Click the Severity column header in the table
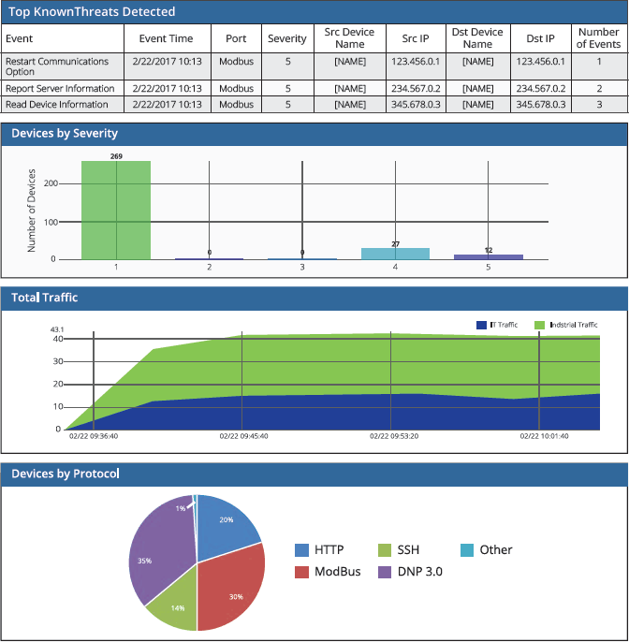pos(286,38)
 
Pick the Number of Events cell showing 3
pos(599,105)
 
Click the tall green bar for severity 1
pos(116,210)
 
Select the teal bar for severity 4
pos(395,254)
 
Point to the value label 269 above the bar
pos(116,155)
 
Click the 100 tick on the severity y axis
pos(51,222)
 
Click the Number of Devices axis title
pos(32,211)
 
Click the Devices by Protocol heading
pos(65,474)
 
